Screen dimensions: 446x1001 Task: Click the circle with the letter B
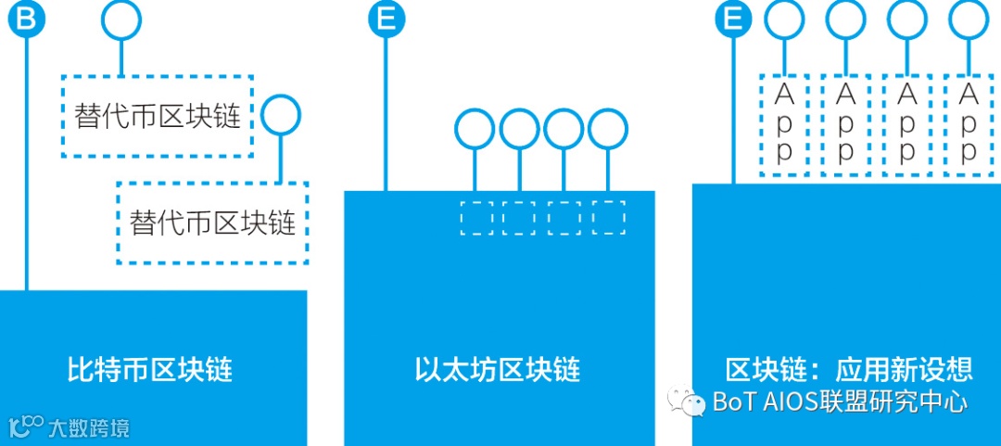click(x=26, y=19)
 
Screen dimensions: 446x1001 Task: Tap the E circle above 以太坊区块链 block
click(x=386, y=19)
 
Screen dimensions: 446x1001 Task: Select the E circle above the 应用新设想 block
click(x=733, y=19)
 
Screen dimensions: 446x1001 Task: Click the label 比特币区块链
click(x=150, y=370)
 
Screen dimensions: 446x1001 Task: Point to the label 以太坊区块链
click(x=498, y=370)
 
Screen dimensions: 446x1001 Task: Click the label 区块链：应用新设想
click(x=849, y=370)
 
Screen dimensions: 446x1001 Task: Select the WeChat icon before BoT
click(x=689, y=401)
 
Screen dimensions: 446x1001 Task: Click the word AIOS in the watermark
click(x=786, y=401)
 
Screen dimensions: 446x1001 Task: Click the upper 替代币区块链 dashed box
click(x=157, y=116)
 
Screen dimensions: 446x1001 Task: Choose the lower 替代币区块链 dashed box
click(x=212, y=223)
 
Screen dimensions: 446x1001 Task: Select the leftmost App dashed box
click(x=784, y=124)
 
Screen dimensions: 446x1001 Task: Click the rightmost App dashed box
click(x=968, y=124)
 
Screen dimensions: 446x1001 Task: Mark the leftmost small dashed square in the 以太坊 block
click(x=476, y=217)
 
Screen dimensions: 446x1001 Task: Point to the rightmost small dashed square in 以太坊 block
click(x=608, y=217)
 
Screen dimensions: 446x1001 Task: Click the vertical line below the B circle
click(x=26, y=167)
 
